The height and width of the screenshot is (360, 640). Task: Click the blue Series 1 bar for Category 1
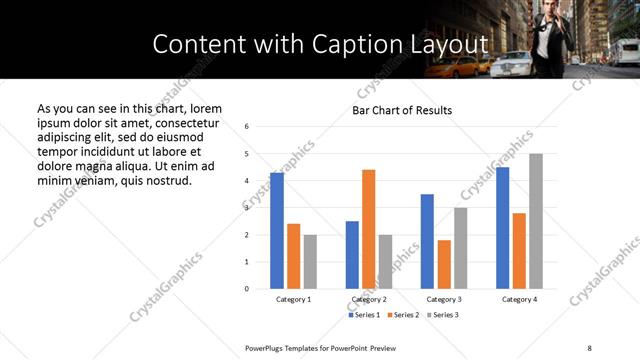coord(277,231)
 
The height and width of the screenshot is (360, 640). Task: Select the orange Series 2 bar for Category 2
coord(368,229)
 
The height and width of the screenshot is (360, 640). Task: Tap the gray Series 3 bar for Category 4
coord(536,221)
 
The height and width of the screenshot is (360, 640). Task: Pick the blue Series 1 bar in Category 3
coord(427,241)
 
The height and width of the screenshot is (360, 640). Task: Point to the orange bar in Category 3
coord(444,264)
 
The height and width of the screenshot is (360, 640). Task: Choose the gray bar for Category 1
coord(310,262)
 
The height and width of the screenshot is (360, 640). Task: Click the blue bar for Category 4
coord(502,228)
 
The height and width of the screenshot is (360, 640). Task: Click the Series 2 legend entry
coord(403,315)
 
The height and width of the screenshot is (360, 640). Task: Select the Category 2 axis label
coord(369,299)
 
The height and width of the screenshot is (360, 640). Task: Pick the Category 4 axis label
coord(519,299)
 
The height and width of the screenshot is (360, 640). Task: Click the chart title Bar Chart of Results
coord(402,110)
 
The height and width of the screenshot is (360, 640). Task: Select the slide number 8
coord(589,347)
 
